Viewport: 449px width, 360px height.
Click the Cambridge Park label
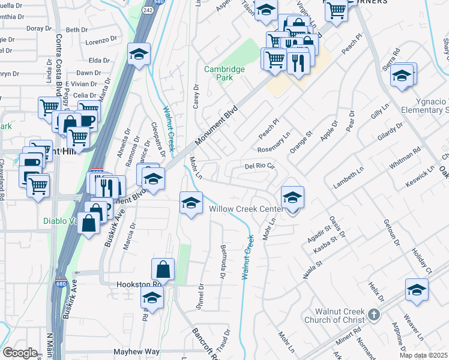point(224,73)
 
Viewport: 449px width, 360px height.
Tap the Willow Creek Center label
point(246,209)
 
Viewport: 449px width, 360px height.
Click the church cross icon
point(373,314)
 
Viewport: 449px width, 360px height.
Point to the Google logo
point(19,353)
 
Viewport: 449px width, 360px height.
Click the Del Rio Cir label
point(259,166)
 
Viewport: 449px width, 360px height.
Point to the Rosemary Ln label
point(274,142)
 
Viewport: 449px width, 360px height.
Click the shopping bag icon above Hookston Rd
point(163,269)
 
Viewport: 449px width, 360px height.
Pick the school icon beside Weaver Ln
point(417,289)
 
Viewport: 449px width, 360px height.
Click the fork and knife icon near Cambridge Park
point(298,61)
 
